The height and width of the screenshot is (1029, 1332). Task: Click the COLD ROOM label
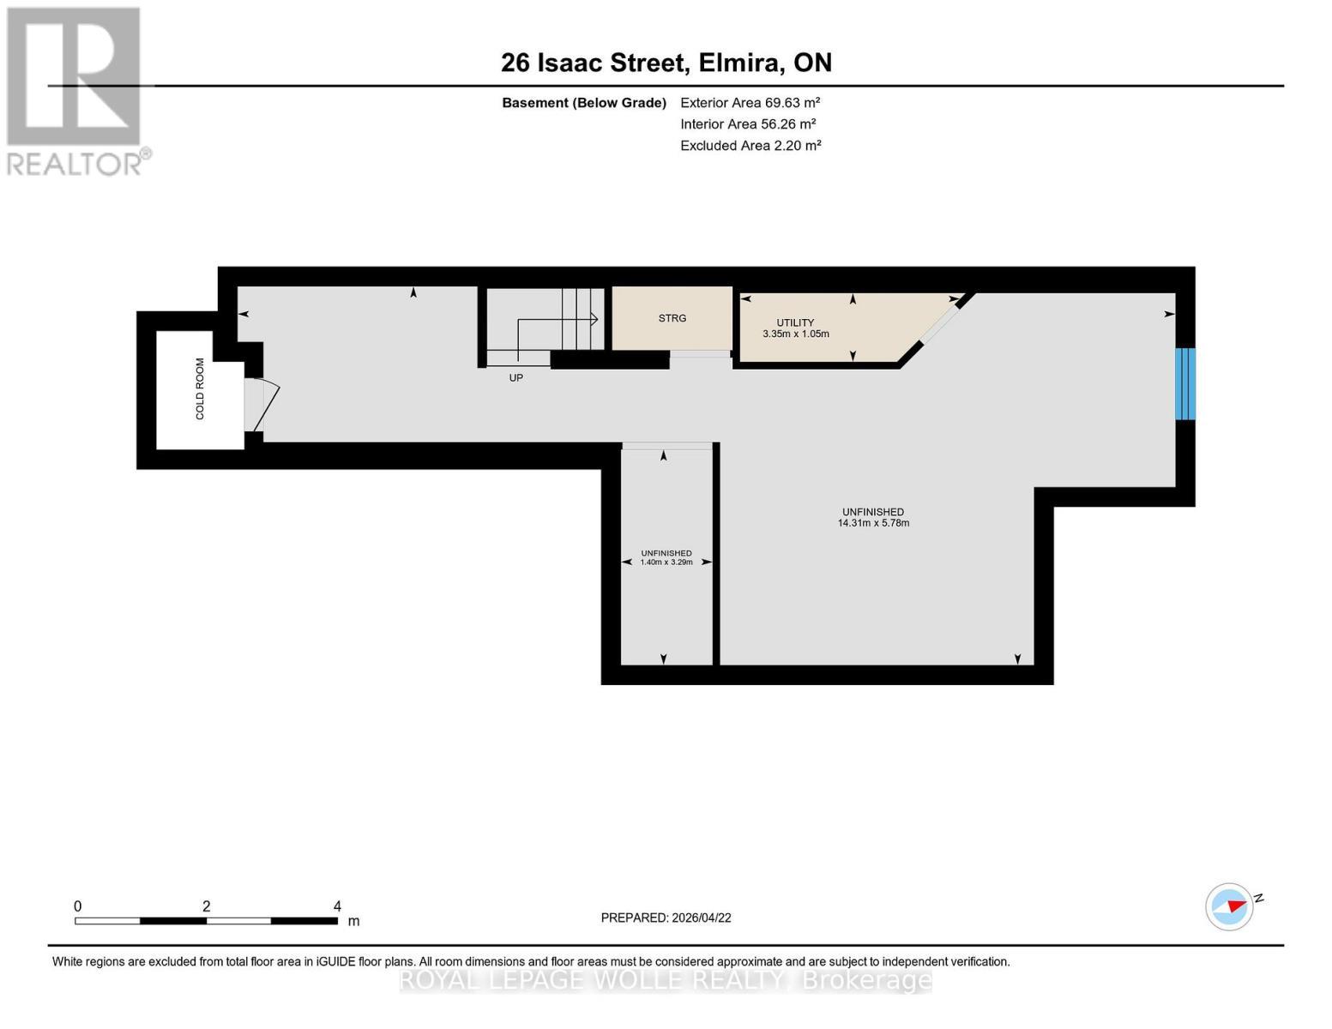click(200, 388)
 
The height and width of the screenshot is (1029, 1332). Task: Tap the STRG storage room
click(672, 318)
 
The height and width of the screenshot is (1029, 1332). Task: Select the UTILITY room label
click(795, 322)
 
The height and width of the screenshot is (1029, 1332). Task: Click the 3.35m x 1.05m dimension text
click(795, 334)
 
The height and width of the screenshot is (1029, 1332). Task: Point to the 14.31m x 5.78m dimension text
click(873, 523)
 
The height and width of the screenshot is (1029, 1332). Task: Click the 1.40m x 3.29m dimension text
click(666, 563)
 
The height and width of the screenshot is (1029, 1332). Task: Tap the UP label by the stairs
click(515, 377)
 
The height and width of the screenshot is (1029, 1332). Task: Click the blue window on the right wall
click(1184, 383)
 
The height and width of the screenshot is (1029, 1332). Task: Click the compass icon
click(1229, 906)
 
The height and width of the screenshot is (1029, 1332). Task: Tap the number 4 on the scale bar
click(337, 906)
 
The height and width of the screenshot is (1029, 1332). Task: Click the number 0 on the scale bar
click(78, 906)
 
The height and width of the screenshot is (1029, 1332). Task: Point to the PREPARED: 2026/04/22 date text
click(666, 918)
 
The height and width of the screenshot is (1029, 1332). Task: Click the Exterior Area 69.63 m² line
click(750, 102)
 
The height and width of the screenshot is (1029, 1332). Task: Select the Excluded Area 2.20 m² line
click(750, 146)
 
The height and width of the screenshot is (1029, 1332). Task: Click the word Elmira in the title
click(738, 63)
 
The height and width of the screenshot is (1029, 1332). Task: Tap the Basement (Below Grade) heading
click(583, 103)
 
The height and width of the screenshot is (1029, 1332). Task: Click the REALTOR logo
click(75, 90)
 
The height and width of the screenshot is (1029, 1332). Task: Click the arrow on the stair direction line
click(594, 319)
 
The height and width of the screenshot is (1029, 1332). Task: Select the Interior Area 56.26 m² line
click(747, 123)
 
